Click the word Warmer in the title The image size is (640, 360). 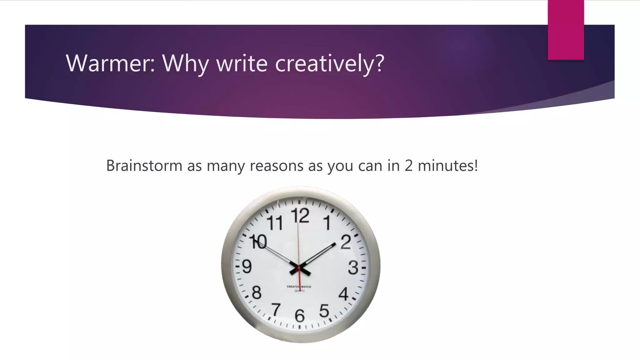pyautogui.click(x=110, y=63)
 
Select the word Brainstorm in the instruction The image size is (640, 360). pyautogui.click(x=144, y=165)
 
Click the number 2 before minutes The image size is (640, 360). pyautogui.click(x=408, y=165)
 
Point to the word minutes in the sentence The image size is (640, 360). pyautogui.click(x=447, y=165)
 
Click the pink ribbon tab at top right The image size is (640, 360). pyautogui.click(x=566, y=30)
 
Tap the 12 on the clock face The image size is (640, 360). pyautogui.click(x=300, y=216)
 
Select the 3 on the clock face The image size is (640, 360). pyautogui.click(x=353, y=268)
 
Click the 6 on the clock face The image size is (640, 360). pyautogui.click(x=300, y=316)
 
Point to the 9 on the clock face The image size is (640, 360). pyautogui.click(x=247, y=267)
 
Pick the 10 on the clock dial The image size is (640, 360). pyautogui.click(x=258, y=242)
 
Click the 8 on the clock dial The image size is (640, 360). pyautogui.click(x=257, y=293)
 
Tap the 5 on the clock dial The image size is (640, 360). pyautogui.click(x=324, y=311)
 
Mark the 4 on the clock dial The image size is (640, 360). pyautogui.click(x=343, y=294)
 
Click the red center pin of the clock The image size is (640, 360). pyautogui.click(x=299, y=268)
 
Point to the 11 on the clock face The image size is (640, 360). pyautogui.click(x=275, y=223)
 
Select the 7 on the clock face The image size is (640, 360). pyautogui.click(x=276, y=310)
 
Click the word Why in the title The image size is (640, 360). pyautogui.click(x=186, y=63)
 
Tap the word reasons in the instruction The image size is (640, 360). pyautogui.click(x=276, y=165)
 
